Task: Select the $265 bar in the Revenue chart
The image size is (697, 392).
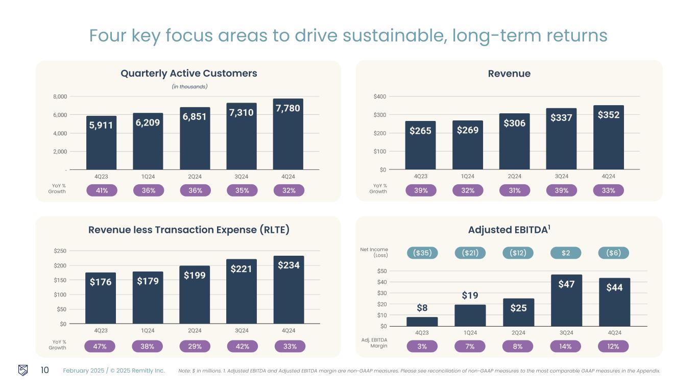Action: (x=420, y=145)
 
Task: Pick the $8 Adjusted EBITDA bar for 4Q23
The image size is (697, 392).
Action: (x=422, y=322)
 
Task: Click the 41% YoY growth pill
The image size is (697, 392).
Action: (x=102, y=190)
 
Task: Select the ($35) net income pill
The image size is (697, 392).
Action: (x=422, y=253)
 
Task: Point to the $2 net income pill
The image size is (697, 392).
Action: (x=566, y=253)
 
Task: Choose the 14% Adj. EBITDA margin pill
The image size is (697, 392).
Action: (x=566, y=346)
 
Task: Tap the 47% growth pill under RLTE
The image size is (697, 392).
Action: (x=100, y=346)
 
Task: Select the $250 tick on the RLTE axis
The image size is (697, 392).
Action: (x=60, y=251)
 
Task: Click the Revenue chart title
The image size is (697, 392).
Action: (x=509, y=73)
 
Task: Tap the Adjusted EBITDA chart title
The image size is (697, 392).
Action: (x=509, y=230)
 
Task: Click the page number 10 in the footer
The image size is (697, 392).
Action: (x=44, y=370)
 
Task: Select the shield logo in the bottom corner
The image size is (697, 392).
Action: (x=23, y=370)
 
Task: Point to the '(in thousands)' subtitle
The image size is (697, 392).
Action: (x=189, y=87)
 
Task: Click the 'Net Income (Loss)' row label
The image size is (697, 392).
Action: (x=374, y=253)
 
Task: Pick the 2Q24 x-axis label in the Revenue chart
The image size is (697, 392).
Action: (x=514, y=177)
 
